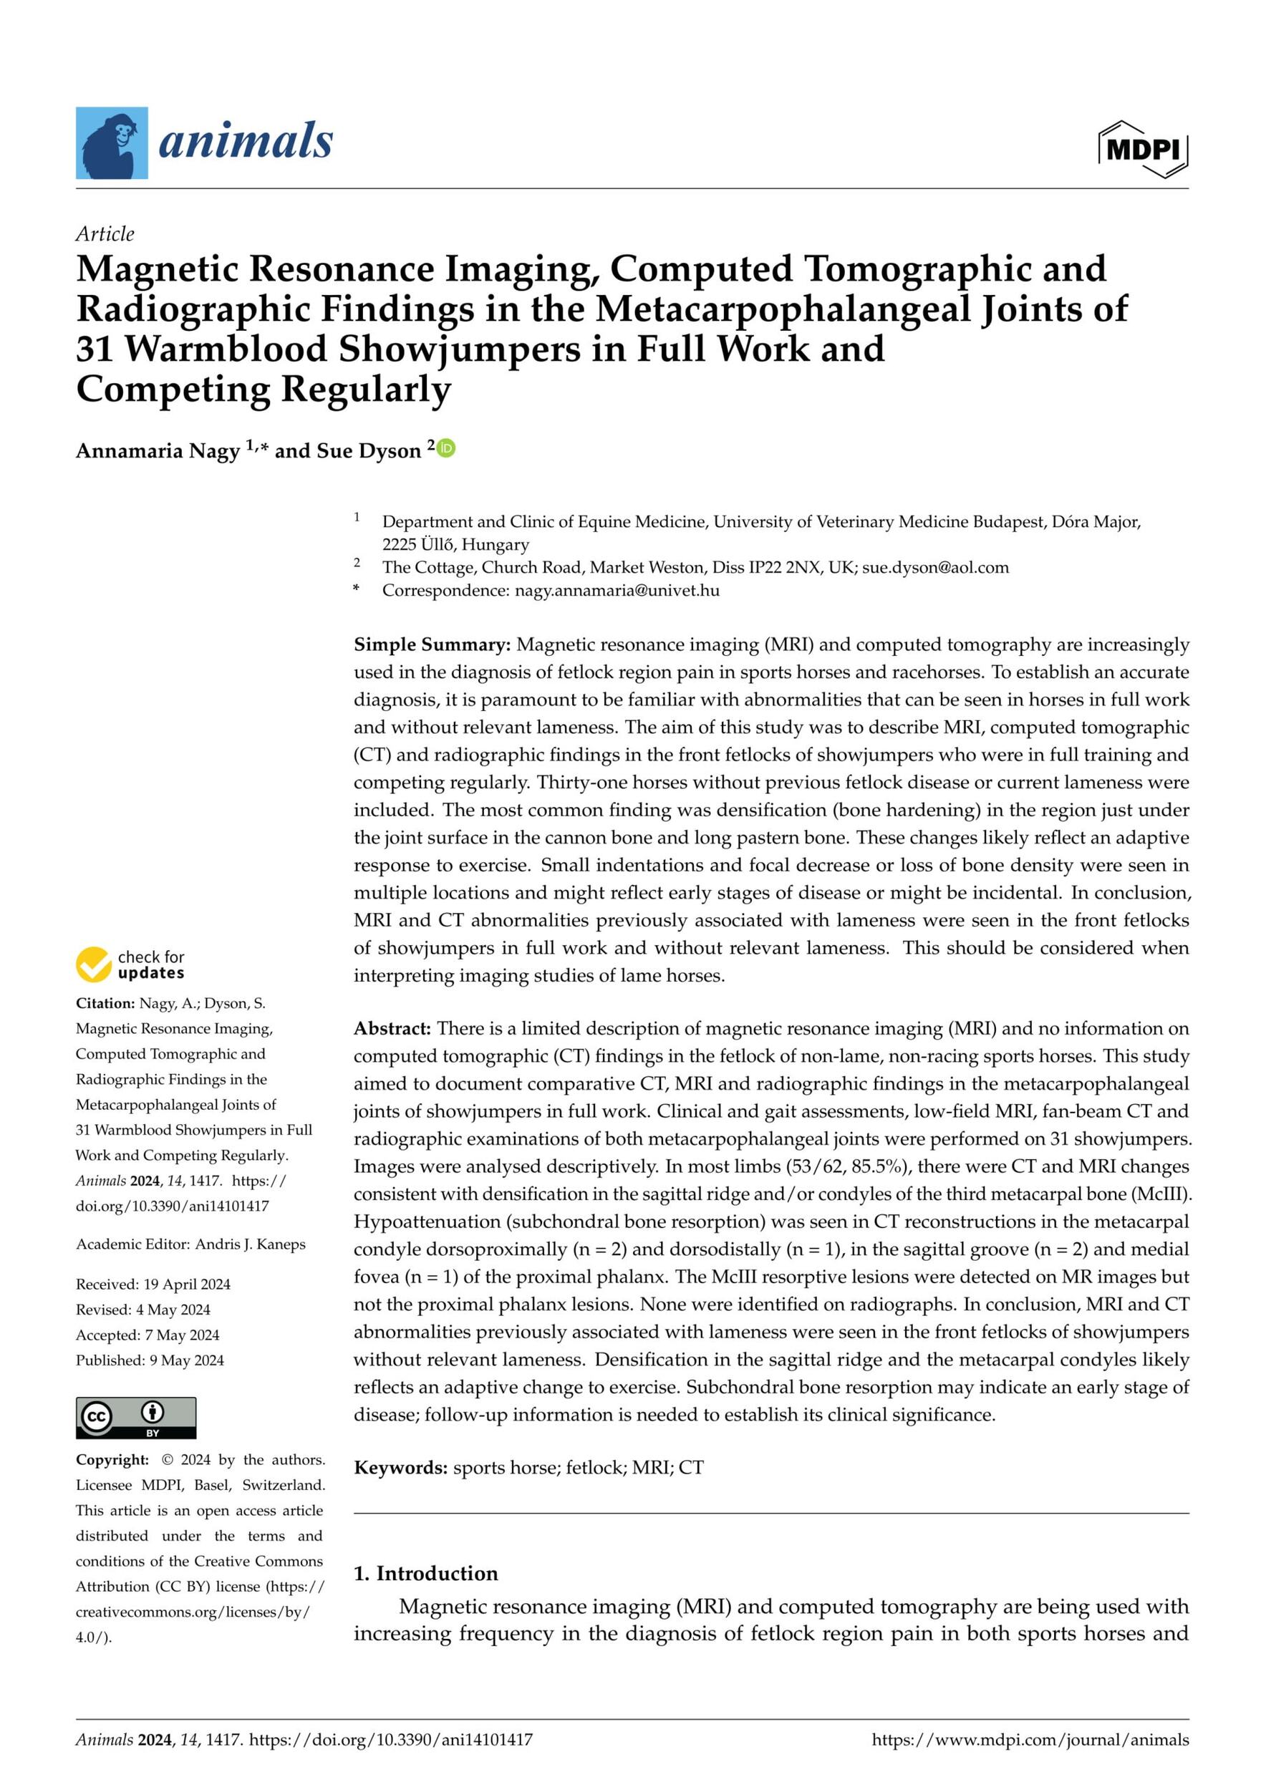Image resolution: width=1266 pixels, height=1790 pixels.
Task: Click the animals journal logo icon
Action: [112, 142]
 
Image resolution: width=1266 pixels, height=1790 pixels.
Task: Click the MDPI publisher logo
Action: [1143, 149]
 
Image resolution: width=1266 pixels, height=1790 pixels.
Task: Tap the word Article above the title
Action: [105, 234]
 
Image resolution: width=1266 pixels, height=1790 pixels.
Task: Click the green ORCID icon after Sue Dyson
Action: [447, 448]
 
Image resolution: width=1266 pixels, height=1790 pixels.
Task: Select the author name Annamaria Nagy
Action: [158, 451]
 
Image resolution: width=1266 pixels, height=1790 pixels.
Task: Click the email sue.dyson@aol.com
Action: [934, 568]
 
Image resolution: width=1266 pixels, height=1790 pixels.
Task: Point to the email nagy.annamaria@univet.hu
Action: [617, 590]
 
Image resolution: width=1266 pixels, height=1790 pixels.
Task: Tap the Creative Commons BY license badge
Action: [135, 1418]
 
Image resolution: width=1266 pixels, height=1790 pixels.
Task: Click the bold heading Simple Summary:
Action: [432, 644]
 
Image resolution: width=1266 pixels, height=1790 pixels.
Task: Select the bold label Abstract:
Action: [392, 1028]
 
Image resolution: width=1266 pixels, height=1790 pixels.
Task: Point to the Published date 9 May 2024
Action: [186, 1360]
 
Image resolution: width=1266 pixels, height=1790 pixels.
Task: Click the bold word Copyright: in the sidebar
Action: [112, 1460]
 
